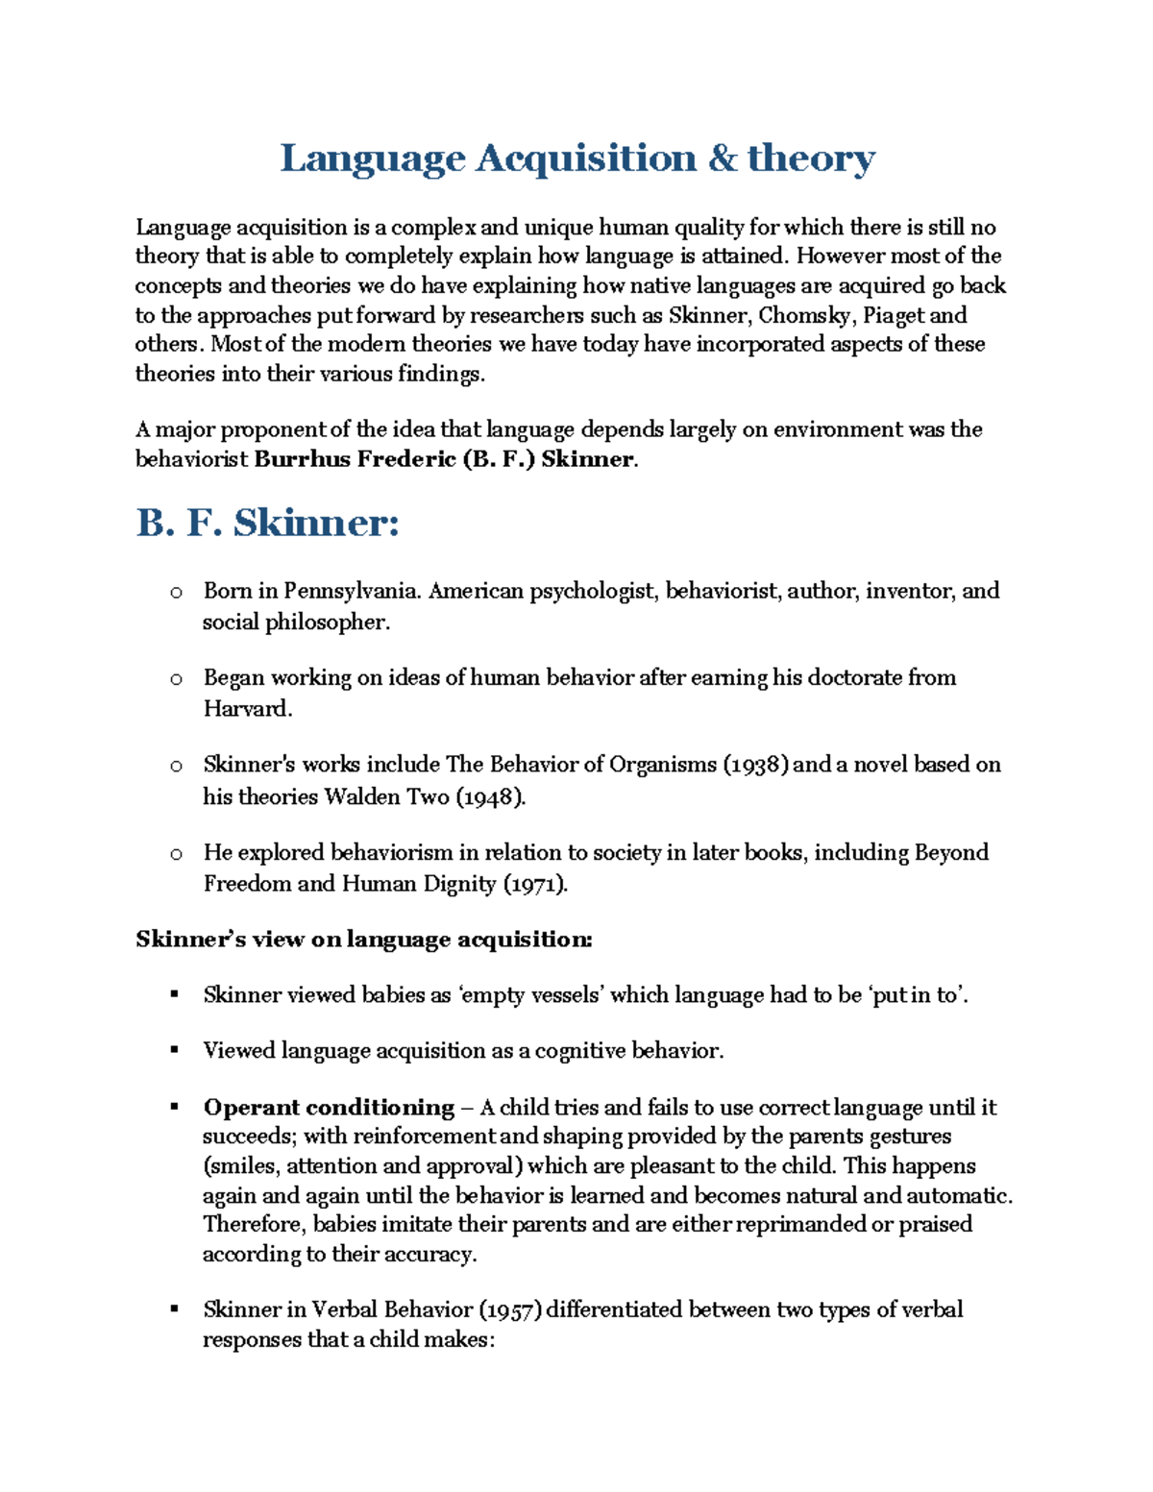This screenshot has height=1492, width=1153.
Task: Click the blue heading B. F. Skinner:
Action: (267, 524)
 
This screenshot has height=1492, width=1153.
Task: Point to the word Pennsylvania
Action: (352, 591)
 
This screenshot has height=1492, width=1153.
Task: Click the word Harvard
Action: (245, 709)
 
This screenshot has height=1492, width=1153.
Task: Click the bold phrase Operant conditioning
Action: (329, 1108)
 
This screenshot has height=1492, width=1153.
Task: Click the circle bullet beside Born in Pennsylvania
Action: (176, 593)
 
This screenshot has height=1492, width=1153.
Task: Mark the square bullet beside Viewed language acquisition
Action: (175, 1050)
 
